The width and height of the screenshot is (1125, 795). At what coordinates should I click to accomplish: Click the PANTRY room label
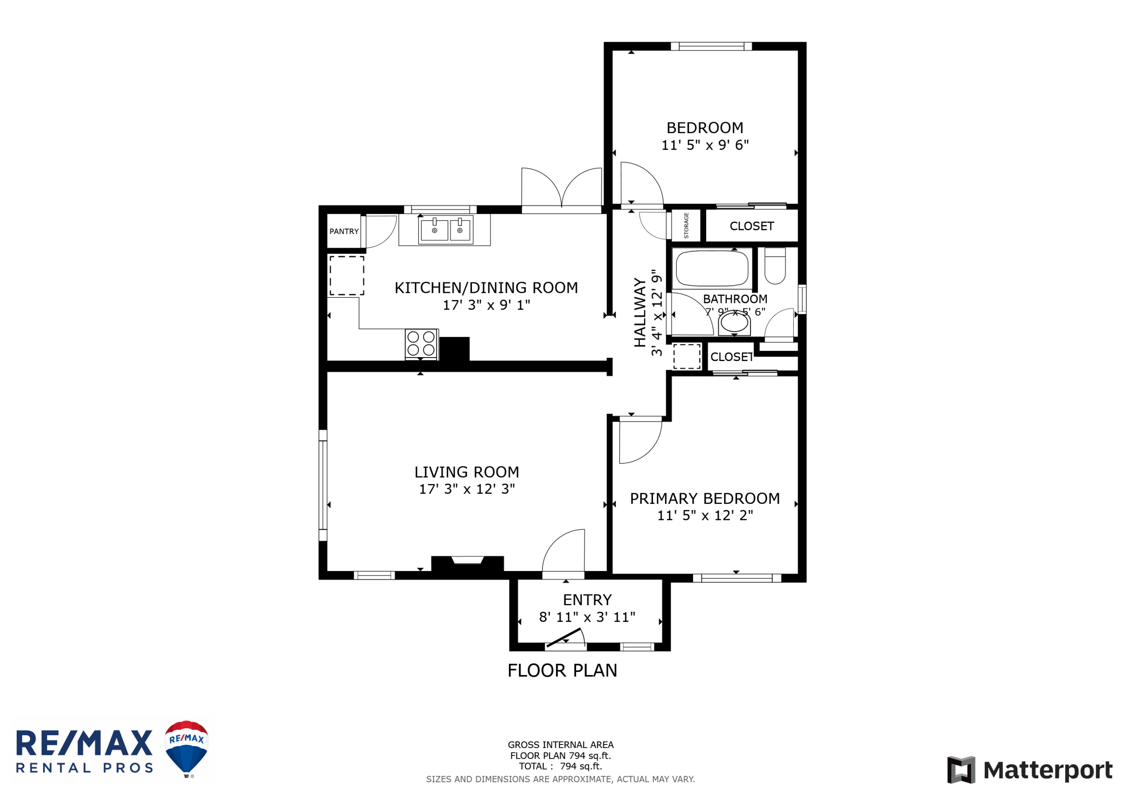click(344, 231)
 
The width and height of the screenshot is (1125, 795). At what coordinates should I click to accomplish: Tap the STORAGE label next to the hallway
click(686, 225)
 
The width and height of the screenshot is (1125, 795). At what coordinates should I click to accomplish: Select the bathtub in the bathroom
click(712, 268)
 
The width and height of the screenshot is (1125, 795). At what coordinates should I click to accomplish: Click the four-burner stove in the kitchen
click(421, 344)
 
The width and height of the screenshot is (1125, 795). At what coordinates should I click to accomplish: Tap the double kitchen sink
click(446, 230)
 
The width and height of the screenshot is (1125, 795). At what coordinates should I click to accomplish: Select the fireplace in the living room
click(468, 564)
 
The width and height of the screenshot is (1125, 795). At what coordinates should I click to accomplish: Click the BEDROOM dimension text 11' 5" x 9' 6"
click(705, 145)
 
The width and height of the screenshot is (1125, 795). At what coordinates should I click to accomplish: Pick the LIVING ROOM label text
click(467, 472)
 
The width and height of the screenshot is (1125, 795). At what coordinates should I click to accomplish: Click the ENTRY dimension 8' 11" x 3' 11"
click(587, 617)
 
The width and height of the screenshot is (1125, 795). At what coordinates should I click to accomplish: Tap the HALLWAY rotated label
click(640, 313)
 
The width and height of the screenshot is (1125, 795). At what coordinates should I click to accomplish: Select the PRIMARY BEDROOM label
click(705, 499)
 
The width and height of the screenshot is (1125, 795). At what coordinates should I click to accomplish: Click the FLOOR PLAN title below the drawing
click(562, 671)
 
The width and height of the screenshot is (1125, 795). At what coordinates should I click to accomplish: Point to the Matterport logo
click(1030, 770)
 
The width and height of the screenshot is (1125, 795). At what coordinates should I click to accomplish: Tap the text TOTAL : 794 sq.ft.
click(561, 766)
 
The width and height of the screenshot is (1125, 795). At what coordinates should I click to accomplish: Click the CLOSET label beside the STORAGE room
click(751, 226)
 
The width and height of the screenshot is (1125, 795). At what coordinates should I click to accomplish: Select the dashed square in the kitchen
click(347, 276)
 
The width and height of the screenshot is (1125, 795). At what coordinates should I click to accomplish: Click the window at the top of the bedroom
click(711, 47)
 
